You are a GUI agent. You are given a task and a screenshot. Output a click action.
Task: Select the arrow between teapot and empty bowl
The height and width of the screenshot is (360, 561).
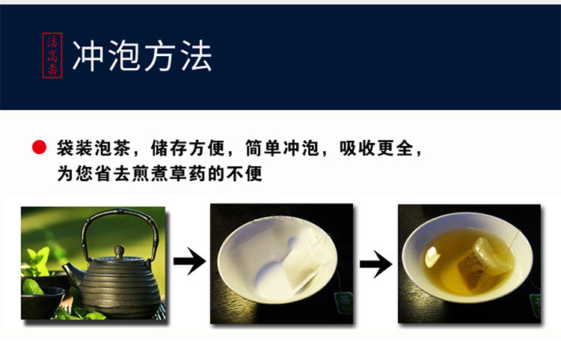tap(190, 261)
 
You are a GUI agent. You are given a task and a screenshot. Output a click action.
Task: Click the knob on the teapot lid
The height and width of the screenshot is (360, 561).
tap(119, 250)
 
